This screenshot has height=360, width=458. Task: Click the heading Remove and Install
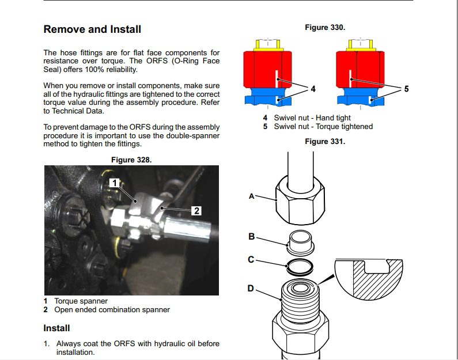point(92,29)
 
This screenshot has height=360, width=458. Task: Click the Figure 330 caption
point(325,28)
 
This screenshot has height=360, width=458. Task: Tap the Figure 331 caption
point(325,142)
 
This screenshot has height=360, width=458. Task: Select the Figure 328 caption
point(131,160)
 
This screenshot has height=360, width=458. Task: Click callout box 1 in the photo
point(114,183)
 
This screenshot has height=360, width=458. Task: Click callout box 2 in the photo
point(196,210)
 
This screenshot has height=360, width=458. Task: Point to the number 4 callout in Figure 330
point(313,89)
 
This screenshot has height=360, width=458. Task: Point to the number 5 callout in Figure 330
point(406,89)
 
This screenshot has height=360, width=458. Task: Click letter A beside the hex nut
point(252,196)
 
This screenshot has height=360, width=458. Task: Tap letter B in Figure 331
point(252,236)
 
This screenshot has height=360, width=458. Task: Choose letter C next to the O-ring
point(251,259)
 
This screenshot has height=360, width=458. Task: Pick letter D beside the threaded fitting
point(251,289)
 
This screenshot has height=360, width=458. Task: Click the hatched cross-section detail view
point(369,279)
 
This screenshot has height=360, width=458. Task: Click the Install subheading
point(56,328)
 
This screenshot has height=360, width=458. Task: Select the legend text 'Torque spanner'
point(81,301)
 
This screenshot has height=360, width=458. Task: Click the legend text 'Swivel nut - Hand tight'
point(312,118)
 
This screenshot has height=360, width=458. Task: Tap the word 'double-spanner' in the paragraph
point(193,136)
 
